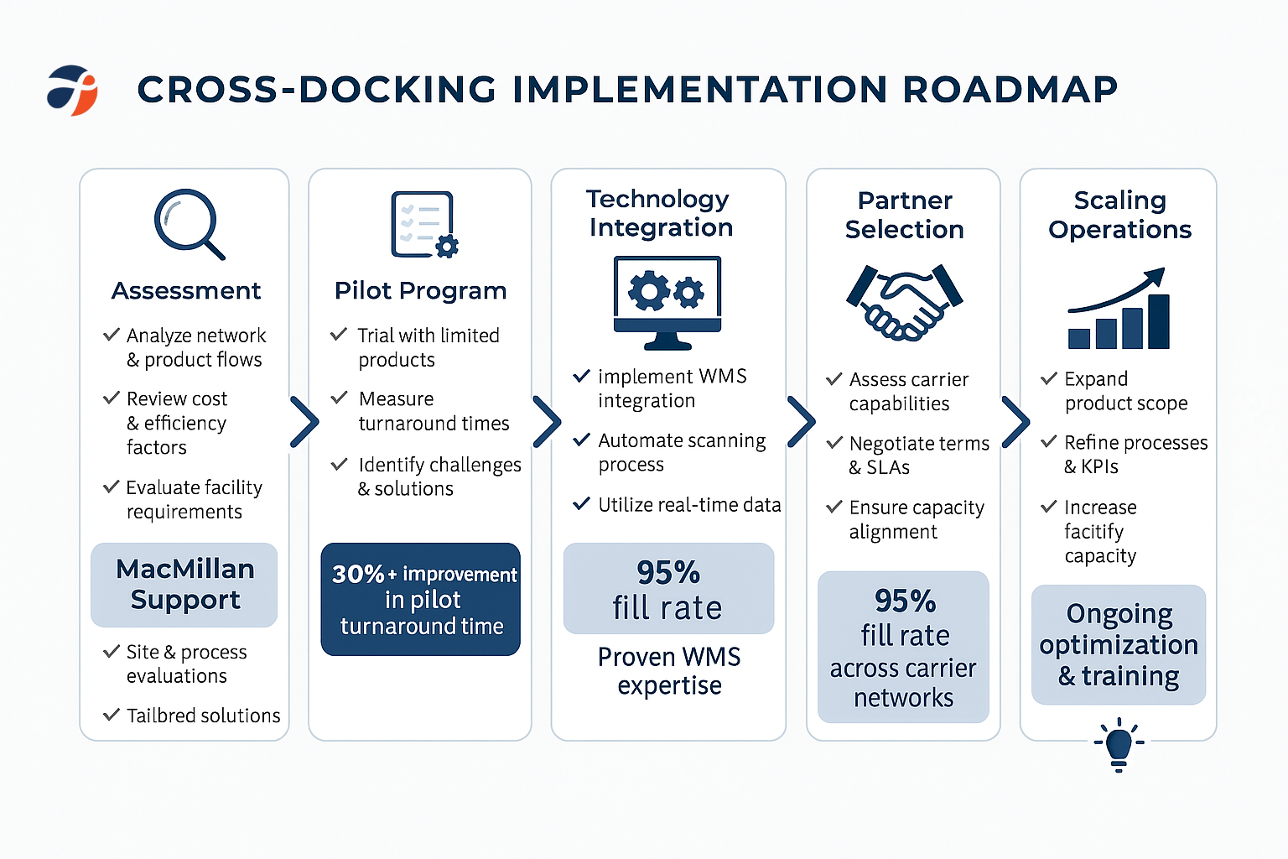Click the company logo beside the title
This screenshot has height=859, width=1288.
pyautogui.click(x=72, y=90)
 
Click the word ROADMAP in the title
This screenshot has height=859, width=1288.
pyautogui.click(x=1010, y=90)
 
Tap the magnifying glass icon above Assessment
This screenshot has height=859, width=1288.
pyautogui.click(x=189, y=223)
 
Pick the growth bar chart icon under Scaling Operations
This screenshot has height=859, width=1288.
pyautogui.click(x=1119, y=309)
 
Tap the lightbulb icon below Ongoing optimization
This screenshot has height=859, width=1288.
pyautogui.click(x=1119, y=744)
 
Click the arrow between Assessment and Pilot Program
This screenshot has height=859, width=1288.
pyautogui.click(x=304, y=421)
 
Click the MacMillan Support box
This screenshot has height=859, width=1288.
pyautogui.click(x=184, y=585)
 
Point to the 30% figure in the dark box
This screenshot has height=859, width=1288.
pyautogui.click(x=358, y=574)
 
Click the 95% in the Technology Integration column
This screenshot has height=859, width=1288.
pyautogui.click(x=667, y=572)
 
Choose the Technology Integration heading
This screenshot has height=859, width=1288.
pyautogui.click(x=659, y=213)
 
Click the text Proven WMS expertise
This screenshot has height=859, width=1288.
pyautogui.click(x=668, y=671)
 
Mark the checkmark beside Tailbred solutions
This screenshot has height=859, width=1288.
pyautogui.click(x=111, y=715)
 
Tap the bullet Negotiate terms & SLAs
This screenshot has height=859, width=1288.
pyautogui.click(x=918, y=456)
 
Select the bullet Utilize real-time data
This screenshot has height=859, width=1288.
pyautogui.click(x=688, y=505)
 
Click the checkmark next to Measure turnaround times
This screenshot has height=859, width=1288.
pyautogui.click(x=339, y=398)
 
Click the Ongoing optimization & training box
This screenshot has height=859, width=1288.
pyautogui.click(x=1118, y=644)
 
